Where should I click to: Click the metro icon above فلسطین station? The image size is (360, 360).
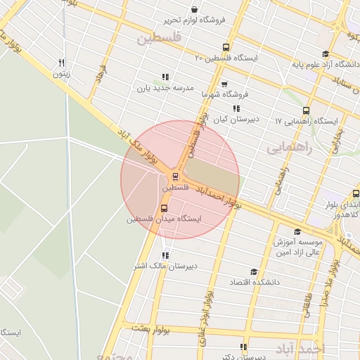click(175, 176)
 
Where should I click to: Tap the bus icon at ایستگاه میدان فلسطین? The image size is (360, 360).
click(165, 208)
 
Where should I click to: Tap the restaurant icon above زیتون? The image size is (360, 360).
click(62, 62)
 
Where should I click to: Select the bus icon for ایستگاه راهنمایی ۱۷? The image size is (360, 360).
click(306, 110)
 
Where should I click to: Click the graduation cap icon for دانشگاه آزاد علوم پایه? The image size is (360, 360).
click(325, 54)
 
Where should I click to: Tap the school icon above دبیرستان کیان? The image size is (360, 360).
click(236, 108)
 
